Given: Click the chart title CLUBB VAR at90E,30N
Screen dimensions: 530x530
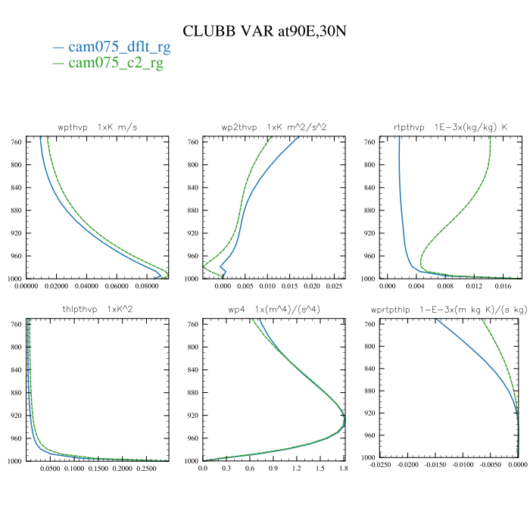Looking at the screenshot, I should click(265, 30).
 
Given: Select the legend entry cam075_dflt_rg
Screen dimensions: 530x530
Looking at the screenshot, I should click(119, 47).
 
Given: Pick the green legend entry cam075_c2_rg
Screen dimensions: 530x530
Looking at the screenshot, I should click(116, 62).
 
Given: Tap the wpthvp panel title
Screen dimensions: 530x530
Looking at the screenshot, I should click(98, 127).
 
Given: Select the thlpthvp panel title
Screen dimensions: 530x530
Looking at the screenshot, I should click(98, 310).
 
